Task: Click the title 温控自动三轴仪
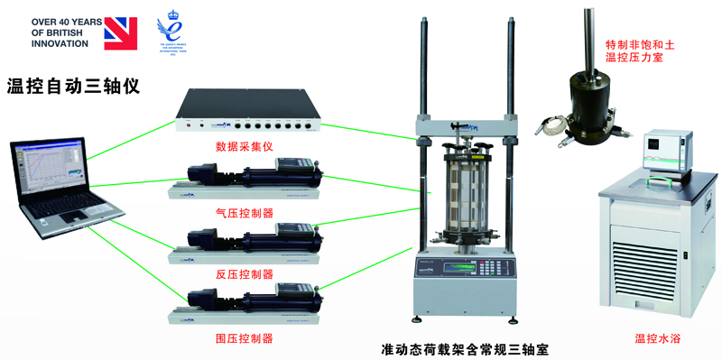click(x=73, y=88)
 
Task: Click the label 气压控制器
click(x=245, y=213)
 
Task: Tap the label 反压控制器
click(x=245, y=274)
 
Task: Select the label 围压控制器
click(x=245, y=338)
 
